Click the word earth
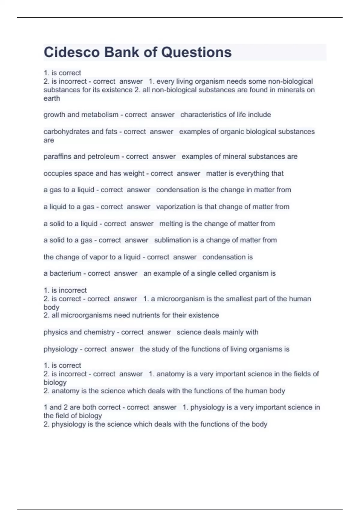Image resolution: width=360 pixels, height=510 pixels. pyautogui.click(x=52, y=98)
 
